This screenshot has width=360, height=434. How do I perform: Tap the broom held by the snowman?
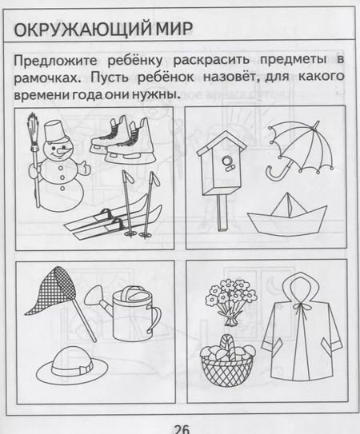33,136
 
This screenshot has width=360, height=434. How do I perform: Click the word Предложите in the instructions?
54,61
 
